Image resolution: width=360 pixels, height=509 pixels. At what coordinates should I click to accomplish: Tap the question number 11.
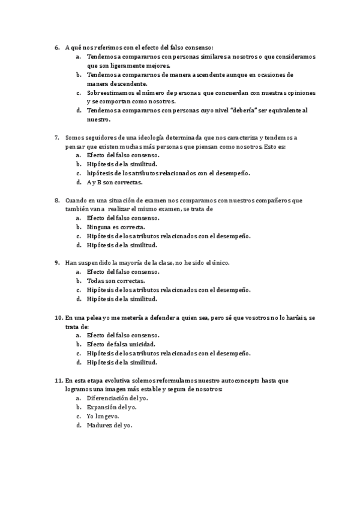point(58,381)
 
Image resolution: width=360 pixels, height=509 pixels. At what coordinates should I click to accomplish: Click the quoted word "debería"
point(259,110)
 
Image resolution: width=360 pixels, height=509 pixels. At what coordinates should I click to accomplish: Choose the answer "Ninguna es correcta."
point(116,227)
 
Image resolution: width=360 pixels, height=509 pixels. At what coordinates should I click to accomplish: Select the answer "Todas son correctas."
point(116,280)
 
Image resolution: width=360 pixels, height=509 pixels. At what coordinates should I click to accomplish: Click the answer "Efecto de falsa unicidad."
point(122,345)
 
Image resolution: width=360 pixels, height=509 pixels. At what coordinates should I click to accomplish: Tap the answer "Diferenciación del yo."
point(118,398)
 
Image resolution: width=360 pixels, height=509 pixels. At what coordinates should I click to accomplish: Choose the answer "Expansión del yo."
point(112,407)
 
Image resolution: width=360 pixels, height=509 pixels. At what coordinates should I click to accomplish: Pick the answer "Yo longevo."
point(103,416)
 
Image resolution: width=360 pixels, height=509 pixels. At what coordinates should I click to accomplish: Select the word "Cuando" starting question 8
point(77,200)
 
